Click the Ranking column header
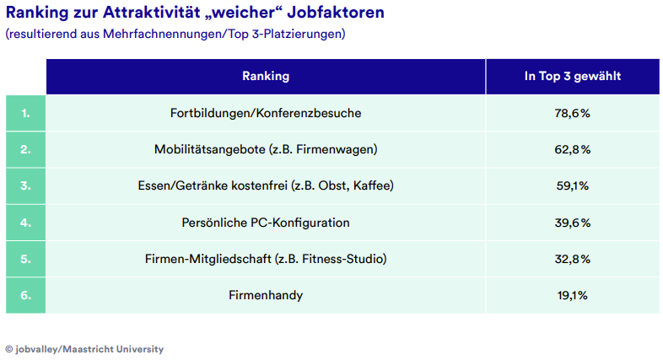click(266, 77)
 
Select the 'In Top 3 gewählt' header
click(573, 77)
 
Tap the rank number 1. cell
click(25, 113)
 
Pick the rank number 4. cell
click(25, 223)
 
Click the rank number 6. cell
click(25, 295)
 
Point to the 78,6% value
click(573, 113)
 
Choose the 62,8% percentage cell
click(573, 149)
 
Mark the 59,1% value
click(573, 185)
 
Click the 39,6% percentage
click(573, 223)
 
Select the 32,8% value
click(573, 259)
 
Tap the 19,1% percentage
click(573, 295)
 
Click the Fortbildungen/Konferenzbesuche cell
click(266, 113)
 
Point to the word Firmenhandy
click(266, 295)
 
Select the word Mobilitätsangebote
click(209, 149)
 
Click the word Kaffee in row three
click(375, 185)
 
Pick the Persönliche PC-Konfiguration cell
click(266, 223)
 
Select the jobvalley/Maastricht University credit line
click(84, 349)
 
